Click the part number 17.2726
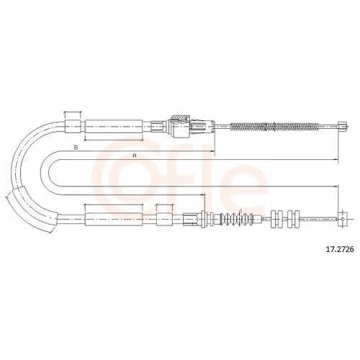tap(339, 249)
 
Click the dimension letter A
tap(135, 156)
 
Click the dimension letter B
tap(76, 148)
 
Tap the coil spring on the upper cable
tap(274, 127)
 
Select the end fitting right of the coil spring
tap(342, 126)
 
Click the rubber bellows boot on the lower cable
tap(238, 219)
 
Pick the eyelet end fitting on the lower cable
tap(343, 219)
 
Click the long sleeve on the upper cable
tap(114, 126)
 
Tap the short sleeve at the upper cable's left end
tap(73, 126)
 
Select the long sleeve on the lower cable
tap(114, 219)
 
